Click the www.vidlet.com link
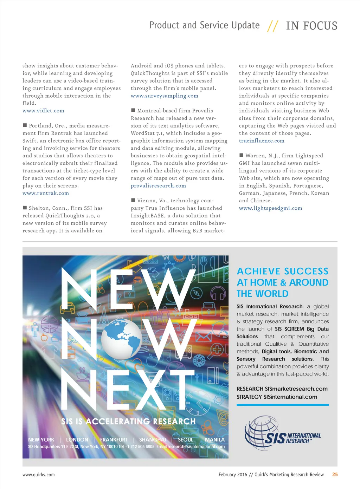(43, 111)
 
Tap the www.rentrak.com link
(46, 193)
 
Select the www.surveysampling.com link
(165, 96)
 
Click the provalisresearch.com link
(158, 186)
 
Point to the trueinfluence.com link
(262, 141)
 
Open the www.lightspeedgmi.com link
(270, 208)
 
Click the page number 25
(335, 475)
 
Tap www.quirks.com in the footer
(39, 475)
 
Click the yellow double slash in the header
(272, 26)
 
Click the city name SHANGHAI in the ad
(152, 440)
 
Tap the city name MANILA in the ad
(214, 440)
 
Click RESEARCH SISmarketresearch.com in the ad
(282, 389)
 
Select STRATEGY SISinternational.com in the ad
(277, 397)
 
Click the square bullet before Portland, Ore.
(25, 125)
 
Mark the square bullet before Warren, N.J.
(242, 155)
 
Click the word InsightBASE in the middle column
(147, 216)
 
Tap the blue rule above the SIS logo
(283, 405)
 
